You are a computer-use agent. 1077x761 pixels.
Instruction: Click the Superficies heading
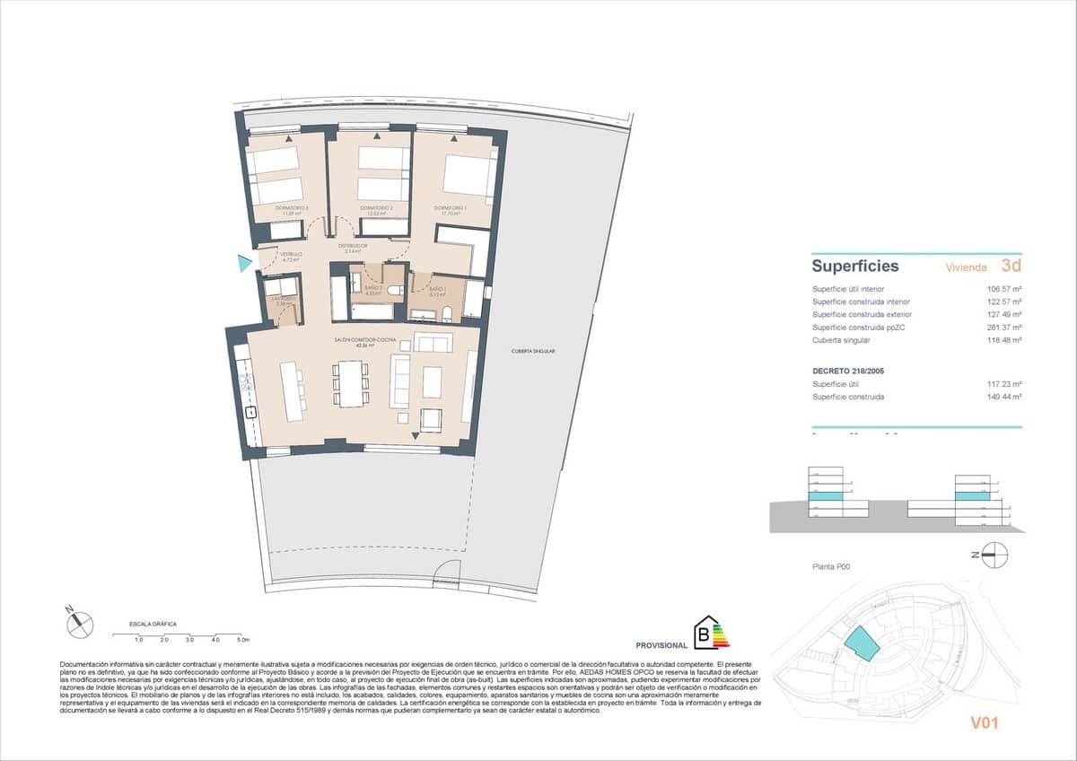click(x=854, y=267)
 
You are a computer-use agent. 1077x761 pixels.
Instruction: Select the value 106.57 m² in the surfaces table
click(x=1004, y=289)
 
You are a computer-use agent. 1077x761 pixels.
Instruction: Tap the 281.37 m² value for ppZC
click(x=1004, y=328)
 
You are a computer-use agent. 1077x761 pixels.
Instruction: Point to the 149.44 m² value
click(x=1004, y=396)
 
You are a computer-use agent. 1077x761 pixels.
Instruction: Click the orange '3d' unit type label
click(x=1011, y=266)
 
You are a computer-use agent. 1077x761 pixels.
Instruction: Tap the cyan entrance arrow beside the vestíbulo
click(x=244, y=263)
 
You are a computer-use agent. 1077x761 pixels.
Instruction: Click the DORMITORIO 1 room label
click(x=448, y=208)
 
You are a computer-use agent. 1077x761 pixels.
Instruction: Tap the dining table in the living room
click(x=351, y=384)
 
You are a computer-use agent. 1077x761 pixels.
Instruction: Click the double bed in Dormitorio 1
click(x=468, y=176)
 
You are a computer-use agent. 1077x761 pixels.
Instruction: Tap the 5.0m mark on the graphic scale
click(x=242, y=640)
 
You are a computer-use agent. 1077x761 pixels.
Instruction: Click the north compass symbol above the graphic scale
click(x=79, y=619)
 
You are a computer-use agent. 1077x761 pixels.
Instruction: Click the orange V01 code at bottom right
click(x=984, y=722)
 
